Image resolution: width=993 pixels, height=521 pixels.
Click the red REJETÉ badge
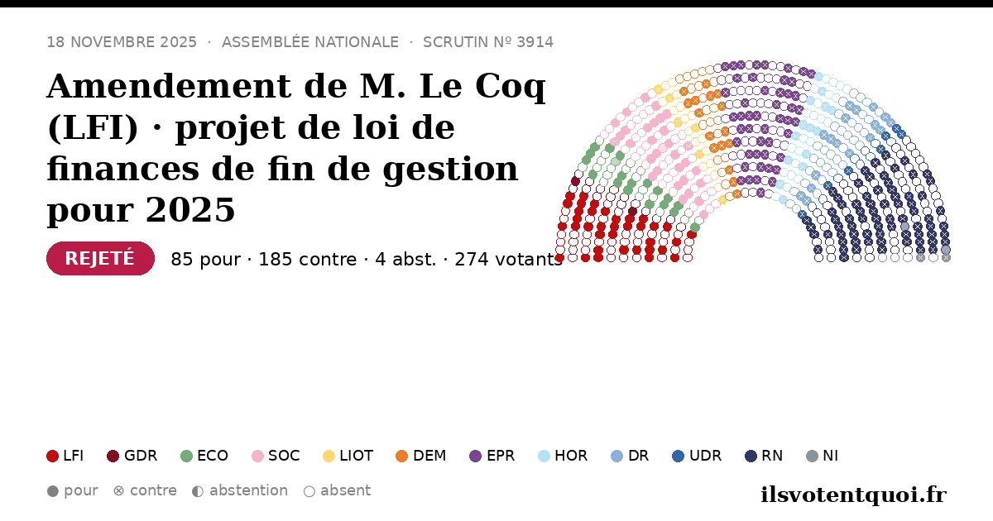click(100, 258)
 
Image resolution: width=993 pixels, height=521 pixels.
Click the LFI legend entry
click(65, 456)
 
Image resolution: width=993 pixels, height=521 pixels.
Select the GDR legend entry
click(132, 456)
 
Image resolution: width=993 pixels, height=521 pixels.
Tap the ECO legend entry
click(204, 456)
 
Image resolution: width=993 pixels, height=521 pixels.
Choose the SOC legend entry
click(276, 456)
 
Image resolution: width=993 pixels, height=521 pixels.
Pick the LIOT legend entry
click(348, 456)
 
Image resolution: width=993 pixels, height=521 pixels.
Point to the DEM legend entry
click(420, 456)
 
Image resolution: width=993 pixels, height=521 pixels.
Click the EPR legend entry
click(492, 456)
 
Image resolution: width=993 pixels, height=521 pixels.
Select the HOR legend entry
click(563, 456)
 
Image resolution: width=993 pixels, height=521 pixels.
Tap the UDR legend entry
click(697, 456)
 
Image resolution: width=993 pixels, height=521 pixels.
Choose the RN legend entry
click(764, 456)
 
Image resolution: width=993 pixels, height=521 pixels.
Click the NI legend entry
click(822, 456)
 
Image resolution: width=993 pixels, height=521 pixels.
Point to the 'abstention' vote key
click(240, 491)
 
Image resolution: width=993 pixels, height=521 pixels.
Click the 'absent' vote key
click(337, 491)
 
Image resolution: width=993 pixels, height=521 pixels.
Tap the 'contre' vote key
click(145, 491)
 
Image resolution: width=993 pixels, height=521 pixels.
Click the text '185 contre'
click(307, 259)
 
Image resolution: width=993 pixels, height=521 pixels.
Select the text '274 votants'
click(508, 259)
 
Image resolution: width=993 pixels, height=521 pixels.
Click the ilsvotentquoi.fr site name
click(853, 495)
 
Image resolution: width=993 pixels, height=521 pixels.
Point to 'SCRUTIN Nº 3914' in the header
click(488, 42)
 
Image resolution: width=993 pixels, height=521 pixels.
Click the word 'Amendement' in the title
click(169, 86)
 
